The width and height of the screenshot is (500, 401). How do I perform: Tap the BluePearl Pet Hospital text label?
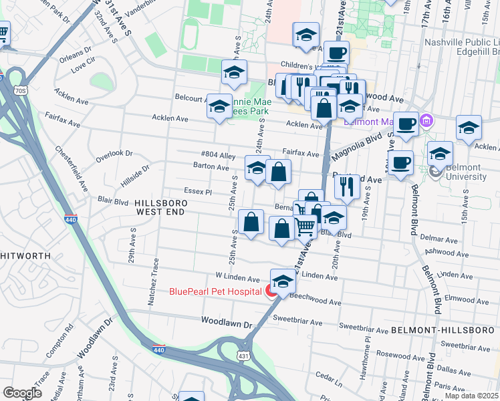pos(215,291)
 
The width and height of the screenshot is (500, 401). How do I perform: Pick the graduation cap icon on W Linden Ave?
pos(283,281)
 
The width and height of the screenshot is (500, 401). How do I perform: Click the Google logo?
pos(22,393)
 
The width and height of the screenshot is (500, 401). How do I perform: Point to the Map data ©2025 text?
pos(472,396)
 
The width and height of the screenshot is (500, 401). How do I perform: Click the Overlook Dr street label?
pos(114,153)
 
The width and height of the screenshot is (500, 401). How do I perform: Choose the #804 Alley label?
pos(218,156)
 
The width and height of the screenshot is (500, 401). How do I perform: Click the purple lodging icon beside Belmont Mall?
pos(428,122)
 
